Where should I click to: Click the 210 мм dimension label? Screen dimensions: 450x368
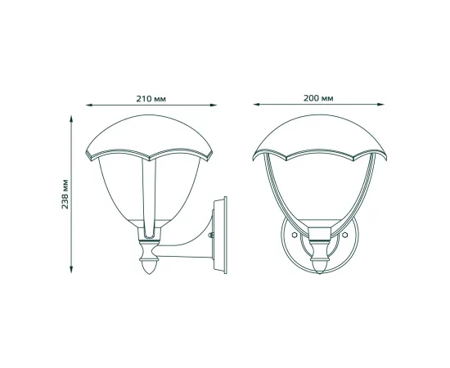(151, 99)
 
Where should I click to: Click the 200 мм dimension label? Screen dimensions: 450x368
(318, 98)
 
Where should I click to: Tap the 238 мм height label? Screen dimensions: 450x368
(65, 194)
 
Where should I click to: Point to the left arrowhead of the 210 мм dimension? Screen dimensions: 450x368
(89, 105)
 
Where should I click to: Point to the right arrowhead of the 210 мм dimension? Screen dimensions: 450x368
(214, 105)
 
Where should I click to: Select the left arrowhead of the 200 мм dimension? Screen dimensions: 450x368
(257, 105)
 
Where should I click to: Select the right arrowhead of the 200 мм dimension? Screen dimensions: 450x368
(380, 105)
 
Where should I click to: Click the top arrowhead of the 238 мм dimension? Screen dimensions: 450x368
(71, 119)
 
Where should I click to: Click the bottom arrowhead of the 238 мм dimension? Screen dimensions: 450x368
(71, 269)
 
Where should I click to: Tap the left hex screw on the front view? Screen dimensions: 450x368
(294, 235)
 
